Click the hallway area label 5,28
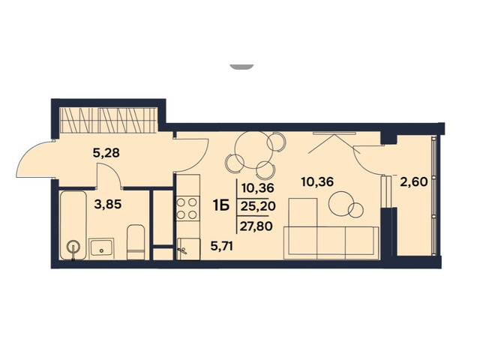pyautogui.click(x=106, y=153)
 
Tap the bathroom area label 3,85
pyautogui.click(x=108, y=204)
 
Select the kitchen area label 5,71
pyautogui.click(x=222, y=246)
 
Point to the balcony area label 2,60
pyautogui.click(x=414, y=182)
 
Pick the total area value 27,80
pyautogui.click(x=256, y=226)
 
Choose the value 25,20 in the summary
pyautogui.click(x=258, y=207)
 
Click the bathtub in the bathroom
pyautogui.click(x=73, y=225)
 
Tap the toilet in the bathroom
pyautogui.click(x=136, y=242)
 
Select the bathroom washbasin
pyautogui.click(x=102, y=248)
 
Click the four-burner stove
pyautogui.click(x=187, y=208)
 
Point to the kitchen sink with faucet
pyautogui.click(x=188, y=249)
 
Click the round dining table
pyautogui.click(x=253, y=150)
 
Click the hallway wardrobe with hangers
pyautogui.click(x=108, y=120)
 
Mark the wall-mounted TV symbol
pyautogui.click(x=334, y=133)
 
